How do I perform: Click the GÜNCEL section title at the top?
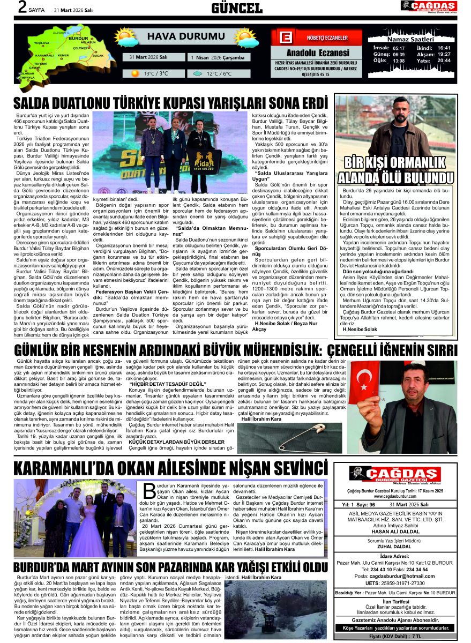click(x=236, y=8)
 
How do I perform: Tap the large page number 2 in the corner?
click(x=21, y=8)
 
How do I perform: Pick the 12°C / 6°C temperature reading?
click(x=219, y=73)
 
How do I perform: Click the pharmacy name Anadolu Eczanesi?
click(x=318, y=53)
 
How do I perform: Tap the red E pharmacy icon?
click(x=285, y=38)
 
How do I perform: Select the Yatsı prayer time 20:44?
click(x=444, y=61)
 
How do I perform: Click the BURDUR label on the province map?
click(x=79, y=39)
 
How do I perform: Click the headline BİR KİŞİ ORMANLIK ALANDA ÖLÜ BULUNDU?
click(x=395, y=170)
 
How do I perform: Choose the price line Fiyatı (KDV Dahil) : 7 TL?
click(x=395, y=635)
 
